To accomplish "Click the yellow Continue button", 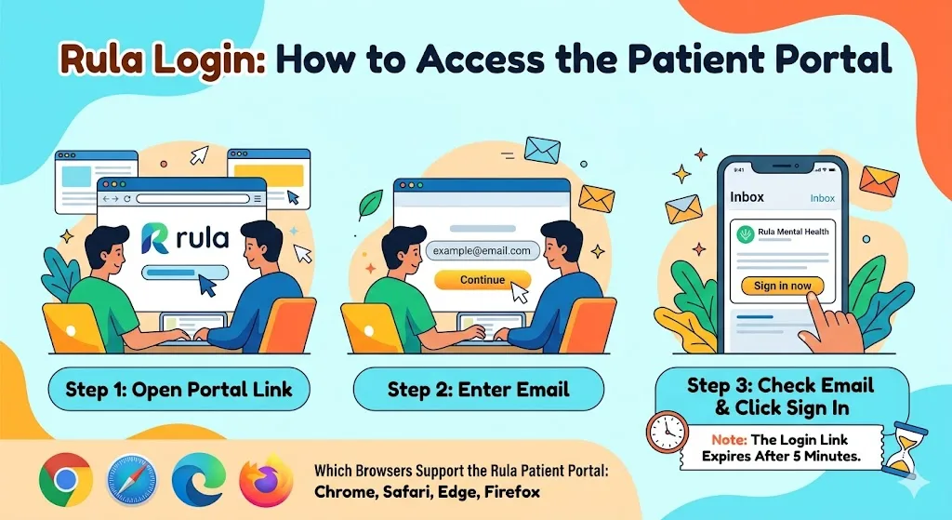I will (483, 280).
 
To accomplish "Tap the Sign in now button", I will (782, 286).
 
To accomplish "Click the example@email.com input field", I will (483, 251).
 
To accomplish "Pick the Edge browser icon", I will (196, 480).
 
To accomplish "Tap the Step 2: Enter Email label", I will (478, 389).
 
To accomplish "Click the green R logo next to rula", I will (154, 237).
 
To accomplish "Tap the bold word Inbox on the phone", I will (747, 197).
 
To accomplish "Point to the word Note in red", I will (728, 439).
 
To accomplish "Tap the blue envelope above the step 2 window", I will (542, 150).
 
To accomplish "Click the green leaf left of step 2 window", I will (372, 203).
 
